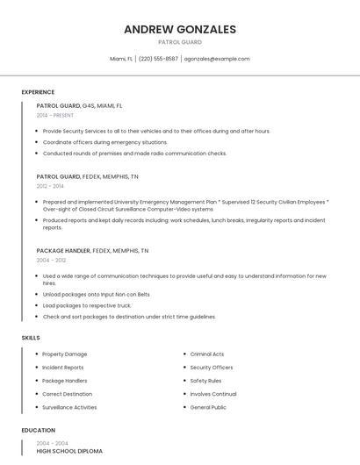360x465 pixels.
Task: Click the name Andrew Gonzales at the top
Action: pos(180,29)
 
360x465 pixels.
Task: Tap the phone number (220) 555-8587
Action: pos(158,59)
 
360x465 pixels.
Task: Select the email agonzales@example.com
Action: pos(217,59)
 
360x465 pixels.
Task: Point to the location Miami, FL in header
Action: pos(121,59)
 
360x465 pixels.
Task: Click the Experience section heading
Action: pos(38,92)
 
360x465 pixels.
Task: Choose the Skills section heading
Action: pos(31,338)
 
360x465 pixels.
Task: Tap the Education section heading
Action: pos(38,431)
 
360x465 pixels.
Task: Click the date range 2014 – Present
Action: pos(55,115)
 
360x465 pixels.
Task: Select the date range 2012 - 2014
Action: pos(50,186)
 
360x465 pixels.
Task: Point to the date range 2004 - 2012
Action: pos(51,261)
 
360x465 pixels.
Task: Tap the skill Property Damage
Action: pos(65,354)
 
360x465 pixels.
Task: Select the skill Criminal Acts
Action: pos(207,354)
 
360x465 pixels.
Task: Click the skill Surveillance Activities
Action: pos(69,407)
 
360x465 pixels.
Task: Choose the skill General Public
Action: pos(208,407)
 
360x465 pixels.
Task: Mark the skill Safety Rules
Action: pos(205,381)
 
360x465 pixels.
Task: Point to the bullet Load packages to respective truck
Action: pos(87,305)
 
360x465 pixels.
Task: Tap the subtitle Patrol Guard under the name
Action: pos(180,42)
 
